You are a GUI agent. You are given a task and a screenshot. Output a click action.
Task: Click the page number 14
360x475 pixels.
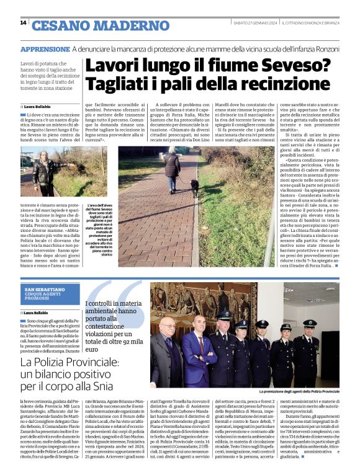pyautogui.click(x=23, y=23)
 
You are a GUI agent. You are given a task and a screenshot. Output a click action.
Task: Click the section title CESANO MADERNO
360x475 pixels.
pyautogui.click(x=88, y=25)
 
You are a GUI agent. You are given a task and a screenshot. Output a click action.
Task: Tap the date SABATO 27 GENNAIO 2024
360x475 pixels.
pyautogui.click(x=245, y=23)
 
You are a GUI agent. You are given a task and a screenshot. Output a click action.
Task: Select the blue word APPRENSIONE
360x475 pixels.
pyautogui.click(x=44, y=49)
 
